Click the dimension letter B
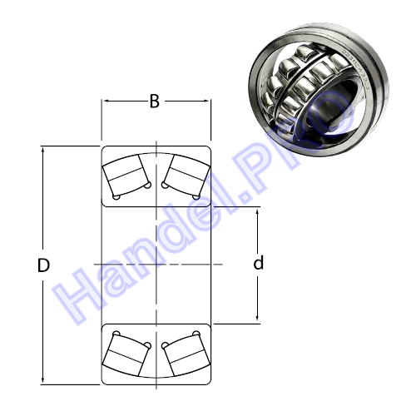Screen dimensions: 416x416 click(155, 102)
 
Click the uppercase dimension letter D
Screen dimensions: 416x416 click(43, 265)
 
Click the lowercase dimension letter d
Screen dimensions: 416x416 click(259, 262)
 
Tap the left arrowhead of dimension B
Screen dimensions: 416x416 click(106, 102)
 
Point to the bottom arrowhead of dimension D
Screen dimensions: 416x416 click(42, 380)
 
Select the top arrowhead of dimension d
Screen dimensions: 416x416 click(257, 214)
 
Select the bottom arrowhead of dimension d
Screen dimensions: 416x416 click(257, 317)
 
